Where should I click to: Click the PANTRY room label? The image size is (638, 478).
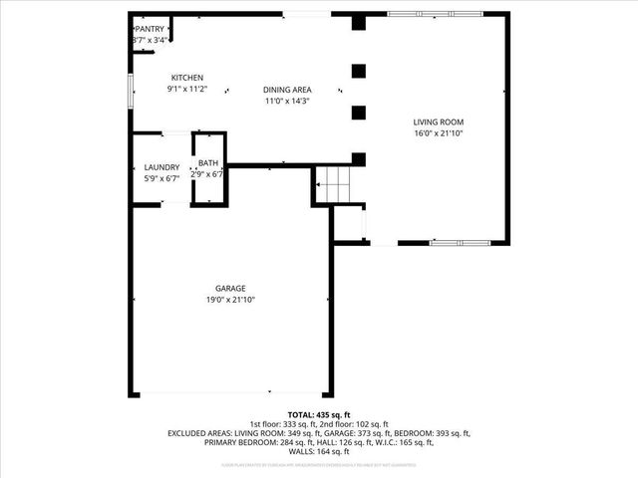[x=151, y=29]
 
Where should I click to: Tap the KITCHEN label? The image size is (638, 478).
[x=187, y=78]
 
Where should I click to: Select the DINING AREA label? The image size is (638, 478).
[x=287, y=89]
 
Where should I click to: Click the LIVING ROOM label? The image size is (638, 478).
[x=439, y=121]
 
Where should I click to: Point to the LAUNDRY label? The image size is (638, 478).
[x=161, y=167]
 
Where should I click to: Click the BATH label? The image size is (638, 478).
[x=207, y=163]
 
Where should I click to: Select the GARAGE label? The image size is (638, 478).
[x=230, y=288]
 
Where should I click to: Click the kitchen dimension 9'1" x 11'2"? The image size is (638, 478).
[x=187, y=89]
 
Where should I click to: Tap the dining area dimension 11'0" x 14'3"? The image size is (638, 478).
[x=287, y=101]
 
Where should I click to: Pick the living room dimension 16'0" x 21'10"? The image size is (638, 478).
[x=439, y=132]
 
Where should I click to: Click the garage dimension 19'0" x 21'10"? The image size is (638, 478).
[x=230, y=299]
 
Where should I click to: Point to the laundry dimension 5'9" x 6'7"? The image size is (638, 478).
[x=161, y=178]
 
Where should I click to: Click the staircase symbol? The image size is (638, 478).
[x=331, y=183]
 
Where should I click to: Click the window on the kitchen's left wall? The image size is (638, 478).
[x=130, y=90]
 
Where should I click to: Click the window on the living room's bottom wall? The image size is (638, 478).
[x=459, y=242]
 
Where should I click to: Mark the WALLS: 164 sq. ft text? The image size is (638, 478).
[x=319, y=452]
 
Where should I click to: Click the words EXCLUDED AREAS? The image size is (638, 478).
[x=199, y=433]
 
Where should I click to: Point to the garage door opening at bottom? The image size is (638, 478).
[x=231, y=393]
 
